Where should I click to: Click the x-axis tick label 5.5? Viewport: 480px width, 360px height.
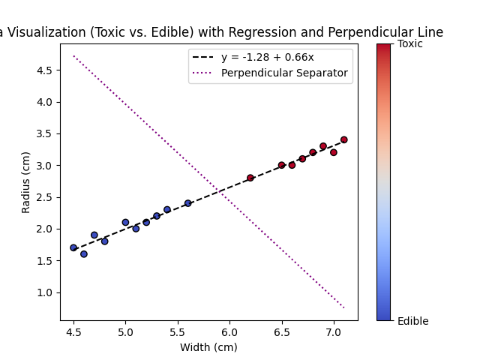[178, 331]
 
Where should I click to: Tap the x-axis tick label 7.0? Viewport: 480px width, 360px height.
[334, 331]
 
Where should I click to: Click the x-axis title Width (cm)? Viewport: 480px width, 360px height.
[209, 346]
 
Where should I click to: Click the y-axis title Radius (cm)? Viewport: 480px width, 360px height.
[26, 182]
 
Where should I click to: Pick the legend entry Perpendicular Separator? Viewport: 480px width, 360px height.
[284, 73]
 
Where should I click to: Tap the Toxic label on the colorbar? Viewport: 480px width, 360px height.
[410, 44]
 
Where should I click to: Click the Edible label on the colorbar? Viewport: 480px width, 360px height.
[413, 321]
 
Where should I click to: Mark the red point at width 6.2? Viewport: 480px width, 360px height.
[250, 178]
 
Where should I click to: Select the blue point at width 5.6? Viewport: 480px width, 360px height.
[188, 203]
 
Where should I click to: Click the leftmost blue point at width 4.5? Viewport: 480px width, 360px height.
[73, 247]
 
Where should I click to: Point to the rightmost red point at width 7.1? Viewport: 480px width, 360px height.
[344, 139]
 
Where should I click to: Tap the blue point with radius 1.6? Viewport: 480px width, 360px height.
[84, 254]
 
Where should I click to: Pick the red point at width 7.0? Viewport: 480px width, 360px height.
[334, 152]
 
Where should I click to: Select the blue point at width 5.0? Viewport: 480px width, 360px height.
[125, 222]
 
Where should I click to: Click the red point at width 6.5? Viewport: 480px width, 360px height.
[282, 165]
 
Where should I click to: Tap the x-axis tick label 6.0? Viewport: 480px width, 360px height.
[229, 331]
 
